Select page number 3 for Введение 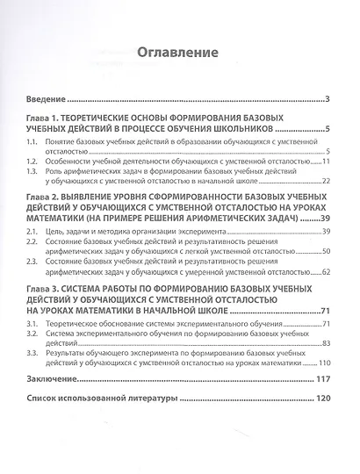(x=326, y=100)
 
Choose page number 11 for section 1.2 (x=324, y=162)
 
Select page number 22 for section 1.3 (x=324, y=181)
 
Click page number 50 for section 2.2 (x=324, y=251)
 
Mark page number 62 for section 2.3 (x=324, y=271)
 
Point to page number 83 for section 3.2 (x=324, y=343)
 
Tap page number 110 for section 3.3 (x=321, y=363)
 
